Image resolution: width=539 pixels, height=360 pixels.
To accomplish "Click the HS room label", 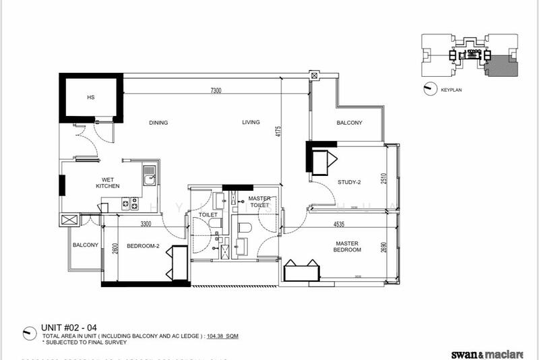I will click(90, 98).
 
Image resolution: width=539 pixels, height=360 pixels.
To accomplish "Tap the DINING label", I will click(158, 123).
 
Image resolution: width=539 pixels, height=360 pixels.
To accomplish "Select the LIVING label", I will click(251, 123).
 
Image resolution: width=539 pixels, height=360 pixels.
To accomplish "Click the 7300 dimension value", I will click(216, 90).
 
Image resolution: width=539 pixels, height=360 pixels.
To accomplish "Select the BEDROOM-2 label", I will click(143, 246).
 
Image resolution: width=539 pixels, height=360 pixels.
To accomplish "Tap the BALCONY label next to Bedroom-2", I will click(86, 245).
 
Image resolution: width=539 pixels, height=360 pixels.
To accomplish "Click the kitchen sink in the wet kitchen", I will click(149, 178).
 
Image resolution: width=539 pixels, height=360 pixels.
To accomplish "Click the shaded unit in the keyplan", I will click(499, 68).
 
